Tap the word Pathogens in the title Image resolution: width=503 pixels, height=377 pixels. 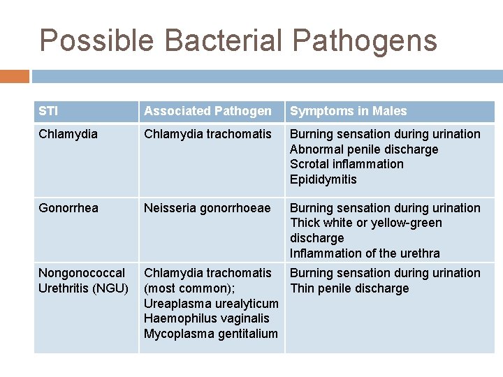point(365,40)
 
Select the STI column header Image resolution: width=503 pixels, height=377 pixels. point(48,111)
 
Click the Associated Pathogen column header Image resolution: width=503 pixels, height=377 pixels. point(207,111)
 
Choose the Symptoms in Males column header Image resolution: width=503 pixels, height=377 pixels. point(348,111)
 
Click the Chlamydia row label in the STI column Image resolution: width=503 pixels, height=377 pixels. point(68,134)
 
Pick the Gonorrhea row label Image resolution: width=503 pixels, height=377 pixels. point(68,208)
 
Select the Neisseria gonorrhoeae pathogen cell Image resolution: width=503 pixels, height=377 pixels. point(207,208)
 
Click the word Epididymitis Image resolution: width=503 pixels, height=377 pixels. point(323,179)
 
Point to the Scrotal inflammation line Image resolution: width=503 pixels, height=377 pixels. point(347,164)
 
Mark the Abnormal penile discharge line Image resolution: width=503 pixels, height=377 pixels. point(364,149)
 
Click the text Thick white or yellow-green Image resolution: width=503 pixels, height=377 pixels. point(366,223)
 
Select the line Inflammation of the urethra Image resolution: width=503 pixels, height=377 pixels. point(365,253)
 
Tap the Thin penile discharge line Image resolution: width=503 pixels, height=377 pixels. point(349,288)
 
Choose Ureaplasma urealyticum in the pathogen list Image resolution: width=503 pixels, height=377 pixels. point(210,304)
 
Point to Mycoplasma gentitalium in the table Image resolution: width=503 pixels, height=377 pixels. point(210,334)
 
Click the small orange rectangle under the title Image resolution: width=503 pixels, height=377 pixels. point(15,76)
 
